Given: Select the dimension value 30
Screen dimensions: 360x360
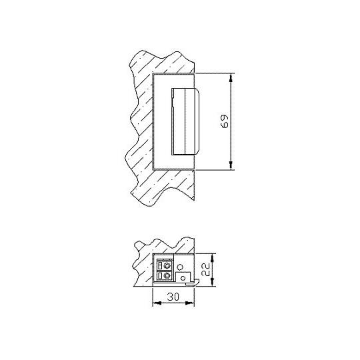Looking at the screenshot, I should click(173, 295).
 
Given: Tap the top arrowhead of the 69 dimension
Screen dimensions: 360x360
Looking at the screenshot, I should click(231, 77).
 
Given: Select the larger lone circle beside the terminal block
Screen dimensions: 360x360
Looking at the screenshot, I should click(180, 266).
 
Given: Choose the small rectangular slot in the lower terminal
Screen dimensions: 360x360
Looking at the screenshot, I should click(160, 275).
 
